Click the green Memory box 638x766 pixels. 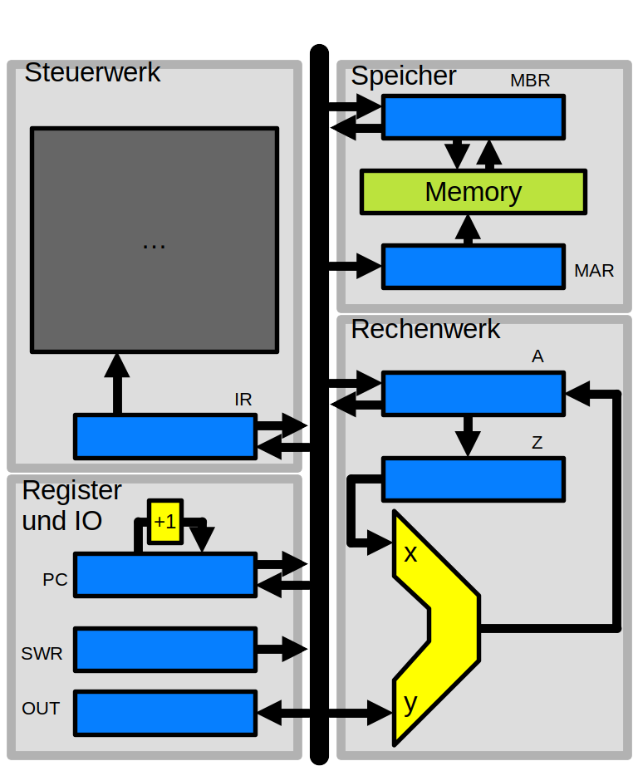(473, 192)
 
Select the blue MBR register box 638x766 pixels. (473, 116)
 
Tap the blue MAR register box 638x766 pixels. (473, 266)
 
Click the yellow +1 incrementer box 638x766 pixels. (164, 522)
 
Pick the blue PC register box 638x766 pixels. (164, 574)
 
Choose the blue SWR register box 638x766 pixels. (164, 649)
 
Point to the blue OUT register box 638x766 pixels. (164, 712)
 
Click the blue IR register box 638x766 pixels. (164, 436)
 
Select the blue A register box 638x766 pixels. (473, 393)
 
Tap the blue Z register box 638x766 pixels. (473, 479)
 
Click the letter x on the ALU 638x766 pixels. (410, 553)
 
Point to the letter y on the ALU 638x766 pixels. (410, 703)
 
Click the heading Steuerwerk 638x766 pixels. (92, 72)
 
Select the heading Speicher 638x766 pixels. (404, 76)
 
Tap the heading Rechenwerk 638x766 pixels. (425, 329)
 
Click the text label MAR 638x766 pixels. (594, 271)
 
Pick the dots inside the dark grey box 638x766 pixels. (154, 244)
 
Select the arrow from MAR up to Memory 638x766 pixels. (469, 229)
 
